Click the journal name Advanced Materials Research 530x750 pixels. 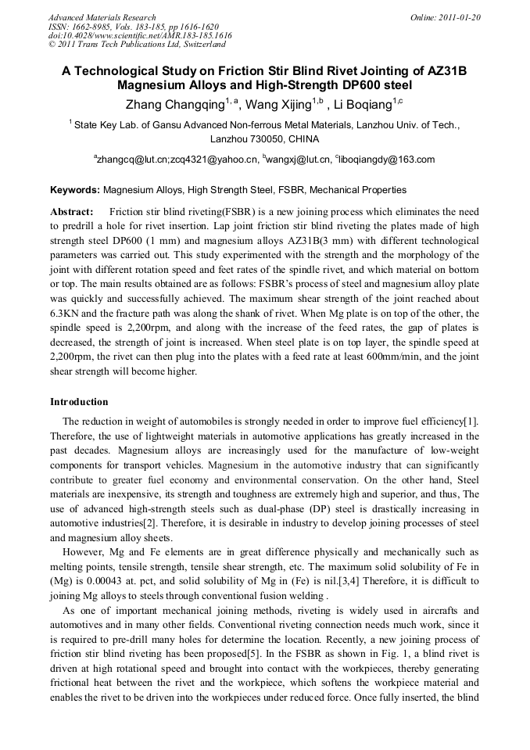pyautogui.click(x=102, y=17)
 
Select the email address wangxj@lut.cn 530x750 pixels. pyautogui.click(x=299, y=160)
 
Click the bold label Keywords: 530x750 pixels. pyautogui.click(x=75, y=189)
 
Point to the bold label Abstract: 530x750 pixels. pyautogui.click(x=72, y=212)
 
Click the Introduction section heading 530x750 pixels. pyautogui.click(x=79, y=402)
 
